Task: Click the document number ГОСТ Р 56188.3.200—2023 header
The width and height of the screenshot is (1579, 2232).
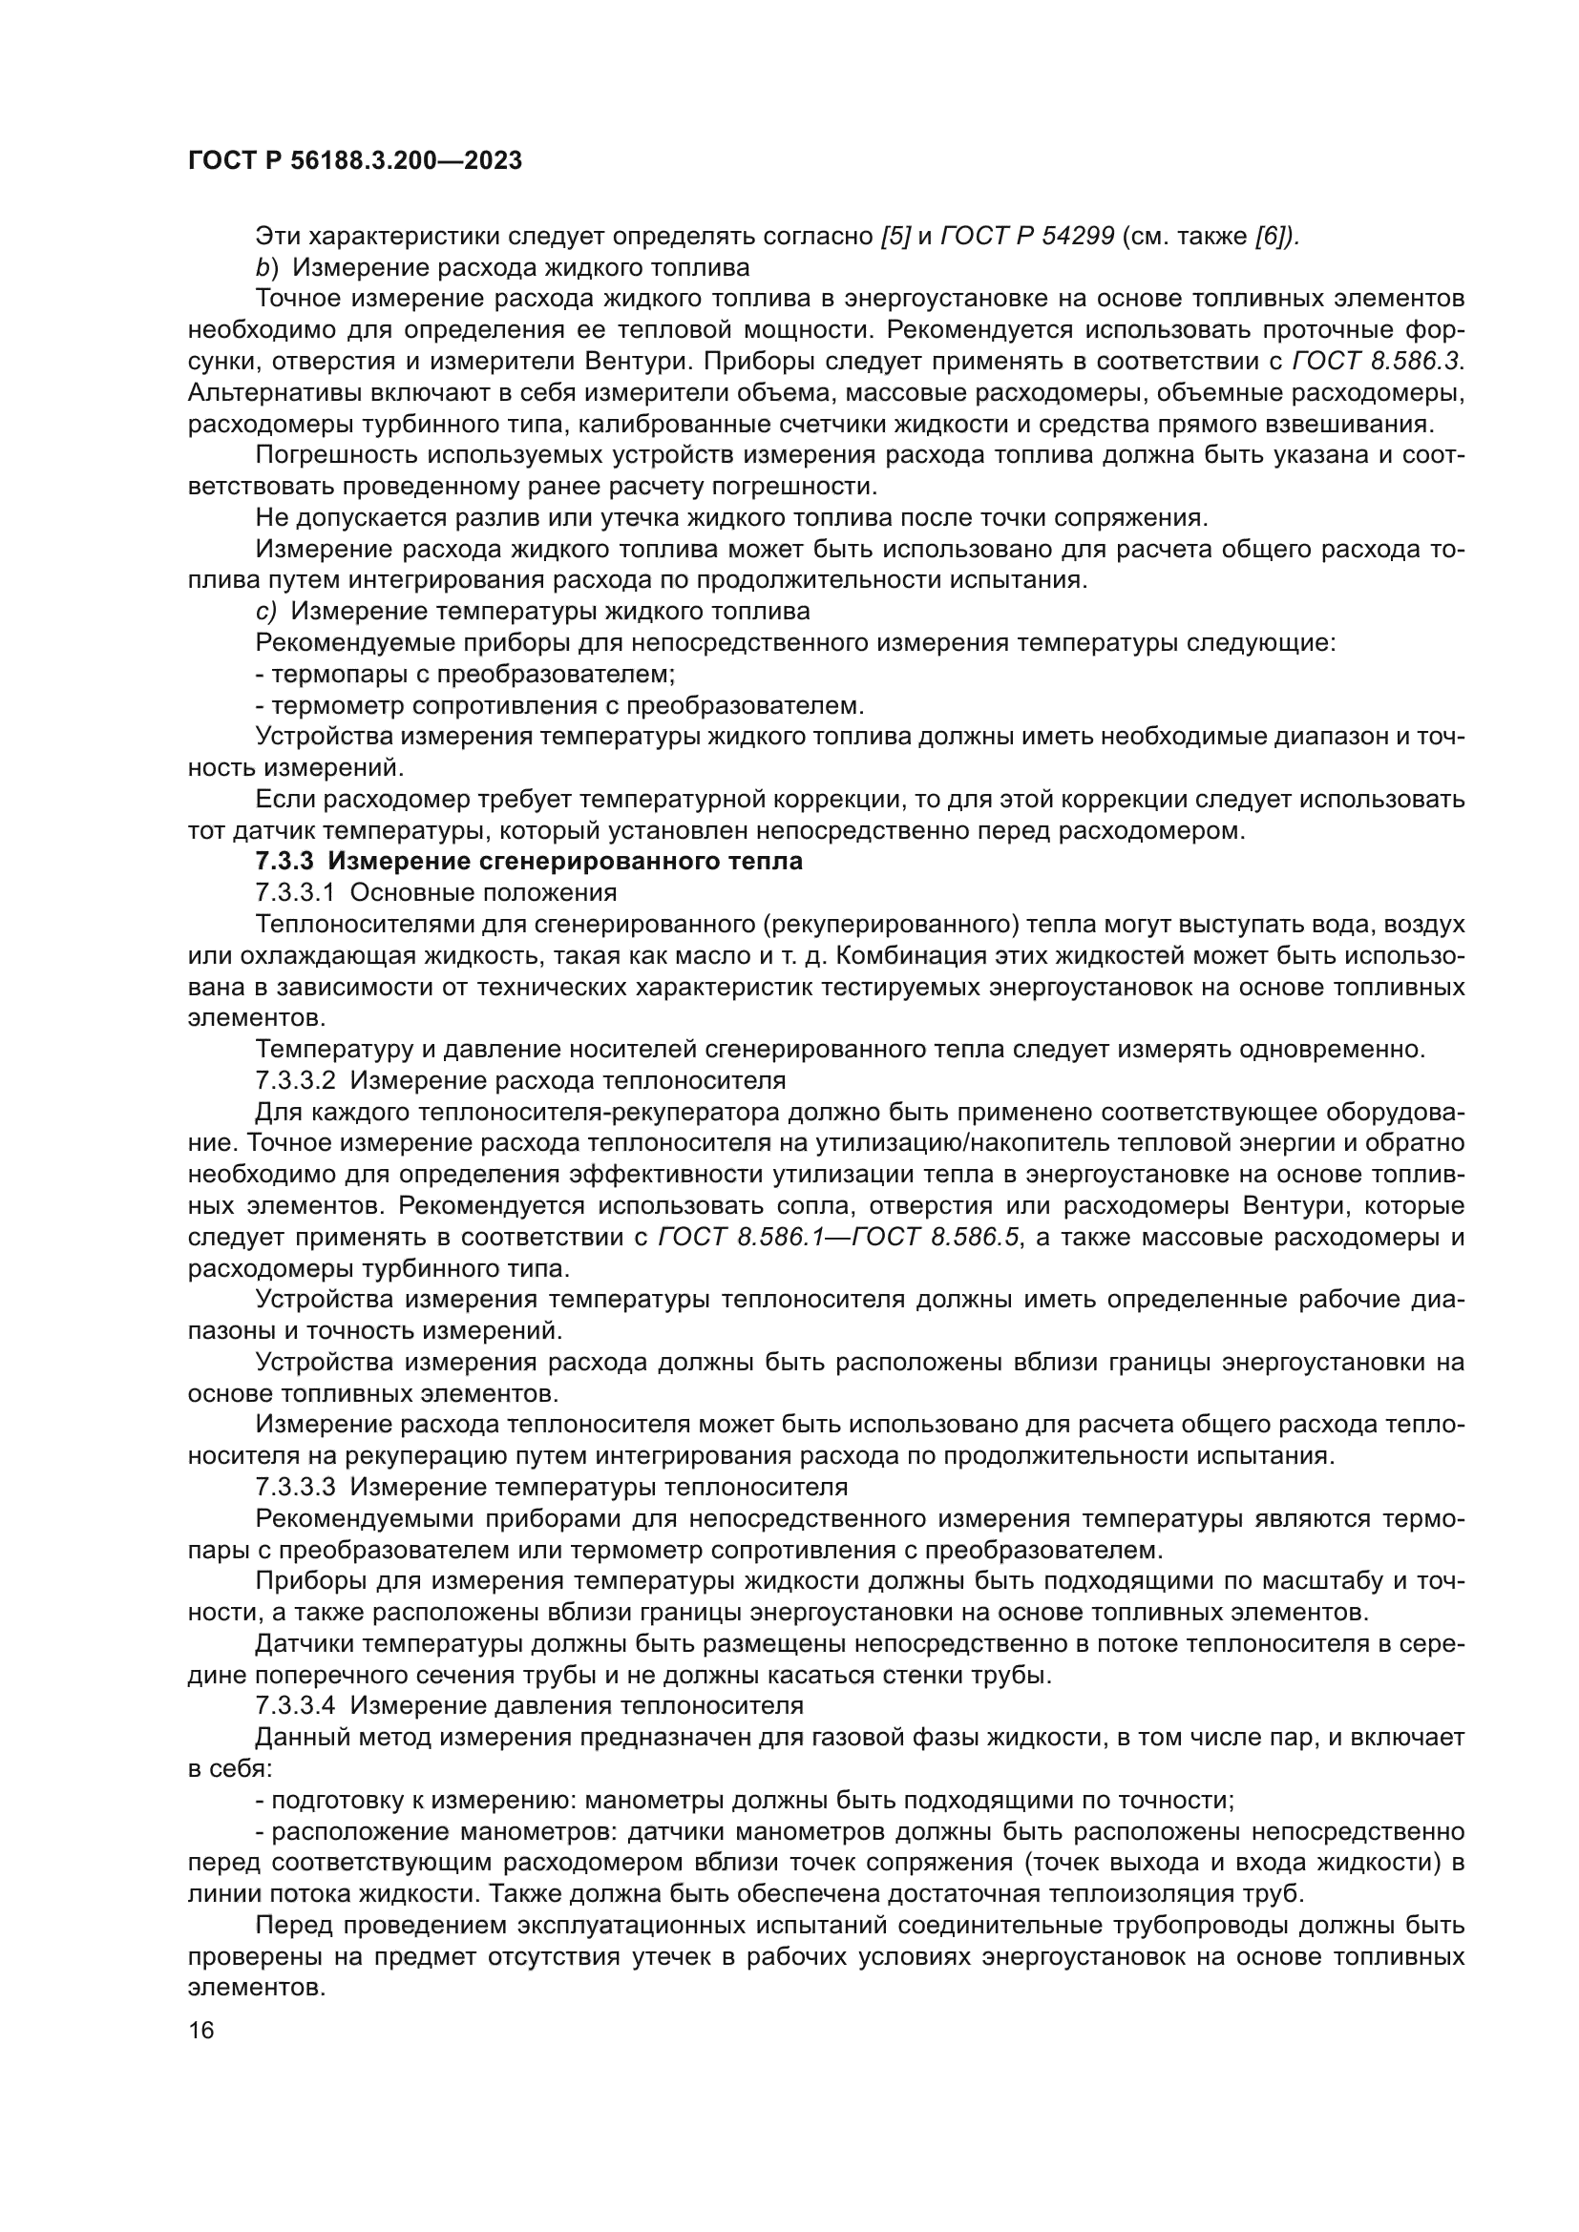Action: pyautogui.click(x=355, y=161)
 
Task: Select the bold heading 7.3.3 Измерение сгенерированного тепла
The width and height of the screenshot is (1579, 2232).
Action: pyautogui.click(x=529, y=862)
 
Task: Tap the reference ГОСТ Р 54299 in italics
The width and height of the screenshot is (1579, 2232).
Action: pyautogui.click(x=1028, y=237)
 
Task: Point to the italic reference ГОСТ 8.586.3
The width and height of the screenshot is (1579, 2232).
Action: pyautogui.click(x=1375, y=362)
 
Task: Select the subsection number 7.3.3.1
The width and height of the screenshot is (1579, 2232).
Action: pyautogui.click(x=295, y=892)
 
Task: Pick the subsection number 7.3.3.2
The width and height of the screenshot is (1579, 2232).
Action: pyautogui.click(x=295, y=1080)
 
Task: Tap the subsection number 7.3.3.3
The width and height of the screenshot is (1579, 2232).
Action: pyautogui.click(x=295, y=1488)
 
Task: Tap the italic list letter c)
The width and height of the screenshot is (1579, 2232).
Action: pyautogui.click(x=266, y=612)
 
